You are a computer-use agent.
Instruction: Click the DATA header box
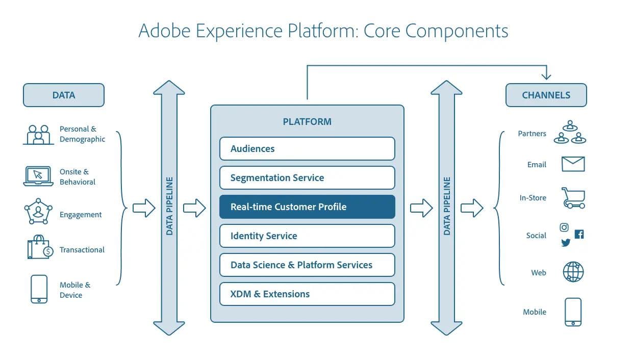click(x=63, y=95)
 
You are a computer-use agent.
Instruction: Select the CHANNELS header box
click(x=546, y=95)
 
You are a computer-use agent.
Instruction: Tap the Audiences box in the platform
click(x=307, y=149)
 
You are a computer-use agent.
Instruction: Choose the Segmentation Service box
click(x=307, y=178)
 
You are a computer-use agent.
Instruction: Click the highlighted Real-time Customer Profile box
click(x=307, y=207)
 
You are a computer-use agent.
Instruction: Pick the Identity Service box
click(x=307, y=236)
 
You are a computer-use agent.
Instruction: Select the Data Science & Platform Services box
click(x=307, y=265)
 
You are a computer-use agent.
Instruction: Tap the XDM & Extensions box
click(x=307, y=294)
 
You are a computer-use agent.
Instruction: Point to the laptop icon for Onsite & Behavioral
click(x=38, y=176)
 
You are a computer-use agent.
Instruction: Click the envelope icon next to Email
click(x=573, y=164)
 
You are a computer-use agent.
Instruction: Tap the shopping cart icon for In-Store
click(x=573, y=198)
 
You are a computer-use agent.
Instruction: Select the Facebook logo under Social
click(x=579, y=234)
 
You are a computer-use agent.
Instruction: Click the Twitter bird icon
click(x=566, y=243)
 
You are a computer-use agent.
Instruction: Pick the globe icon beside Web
click(x=573, y=272)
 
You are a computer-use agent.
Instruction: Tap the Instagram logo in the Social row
click(x=564, y=227)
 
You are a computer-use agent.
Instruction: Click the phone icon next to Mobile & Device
click(x=39, y=289)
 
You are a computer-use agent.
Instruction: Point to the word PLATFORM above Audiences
click(x=307, y=122)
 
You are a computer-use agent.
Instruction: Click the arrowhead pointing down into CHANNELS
click(x=546, y=75)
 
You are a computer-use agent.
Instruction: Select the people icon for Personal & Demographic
click(x=38, y=134)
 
